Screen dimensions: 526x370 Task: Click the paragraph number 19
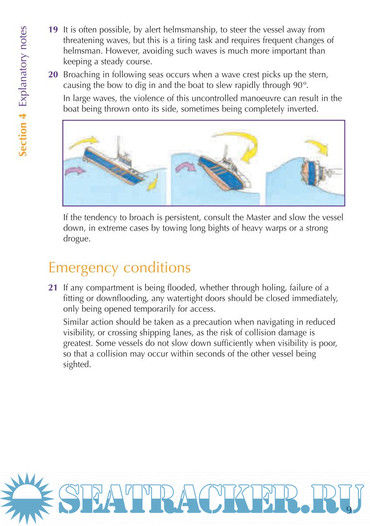point(53,29)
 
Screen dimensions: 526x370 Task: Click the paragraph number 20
point(53,75)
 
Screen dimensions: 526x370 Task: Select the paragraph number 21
point(53,288)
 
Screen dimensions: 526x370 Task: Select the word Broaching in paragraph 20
point(83,75)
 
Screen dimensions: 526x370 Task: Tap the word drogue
point(77,239)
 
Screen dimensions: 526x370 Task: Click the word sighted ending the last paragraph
point(77,365)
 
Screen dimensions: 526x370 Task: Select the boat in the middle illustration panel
point(223,170)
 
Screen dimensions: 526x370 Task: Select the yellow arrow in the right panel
point(317,147)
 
